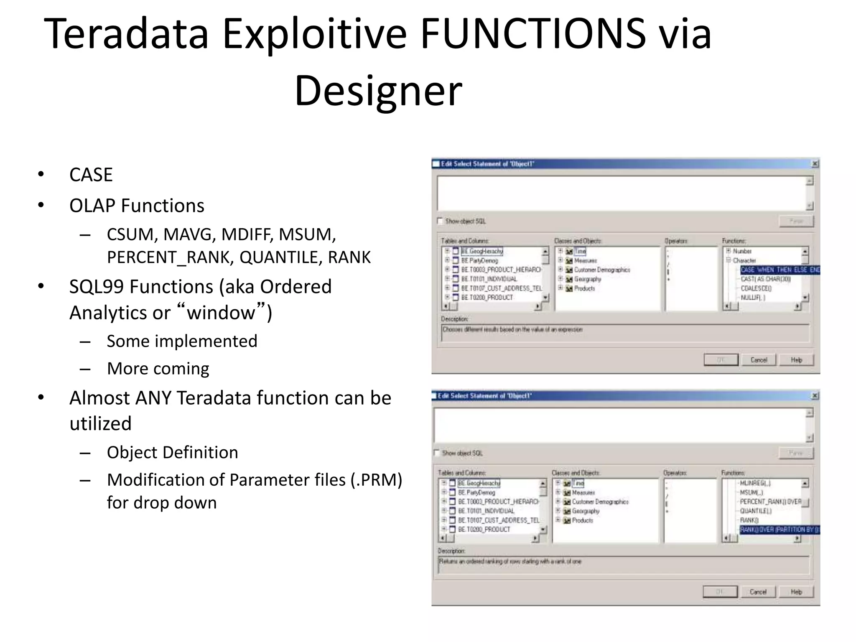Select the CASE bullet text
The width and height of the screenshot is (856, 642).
[91, 175]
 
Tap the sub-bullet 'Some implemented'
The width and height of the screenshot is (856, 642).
[182, 341]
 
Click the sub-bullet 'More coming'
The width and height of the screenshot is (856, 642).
[158, 369]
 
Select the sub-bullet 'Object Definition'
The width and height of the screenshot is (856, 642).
[172, 452]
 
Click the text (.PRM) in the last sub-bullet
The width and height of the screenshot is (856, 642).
[376, 480]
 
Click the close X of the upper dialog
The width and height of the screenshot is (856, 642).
[815, 164]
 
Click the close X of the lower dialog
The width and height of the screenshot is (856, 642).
[815, 395]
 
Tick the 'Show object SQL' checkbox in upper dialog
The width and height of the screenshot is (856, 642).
[440, 221]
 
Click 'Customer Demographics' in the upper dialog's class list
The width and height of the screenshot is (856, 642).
[601, 270]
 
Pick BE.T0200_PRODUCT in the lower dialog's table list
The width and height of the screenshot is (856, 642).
[484, 530]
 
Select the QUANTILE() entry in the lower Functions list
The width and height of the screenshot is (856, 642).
[756, 511]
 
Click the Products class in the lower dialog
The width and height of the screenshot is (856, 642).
[582, 520]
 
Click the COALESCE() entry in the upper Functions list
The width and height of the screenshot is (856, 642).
[756, 288]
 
